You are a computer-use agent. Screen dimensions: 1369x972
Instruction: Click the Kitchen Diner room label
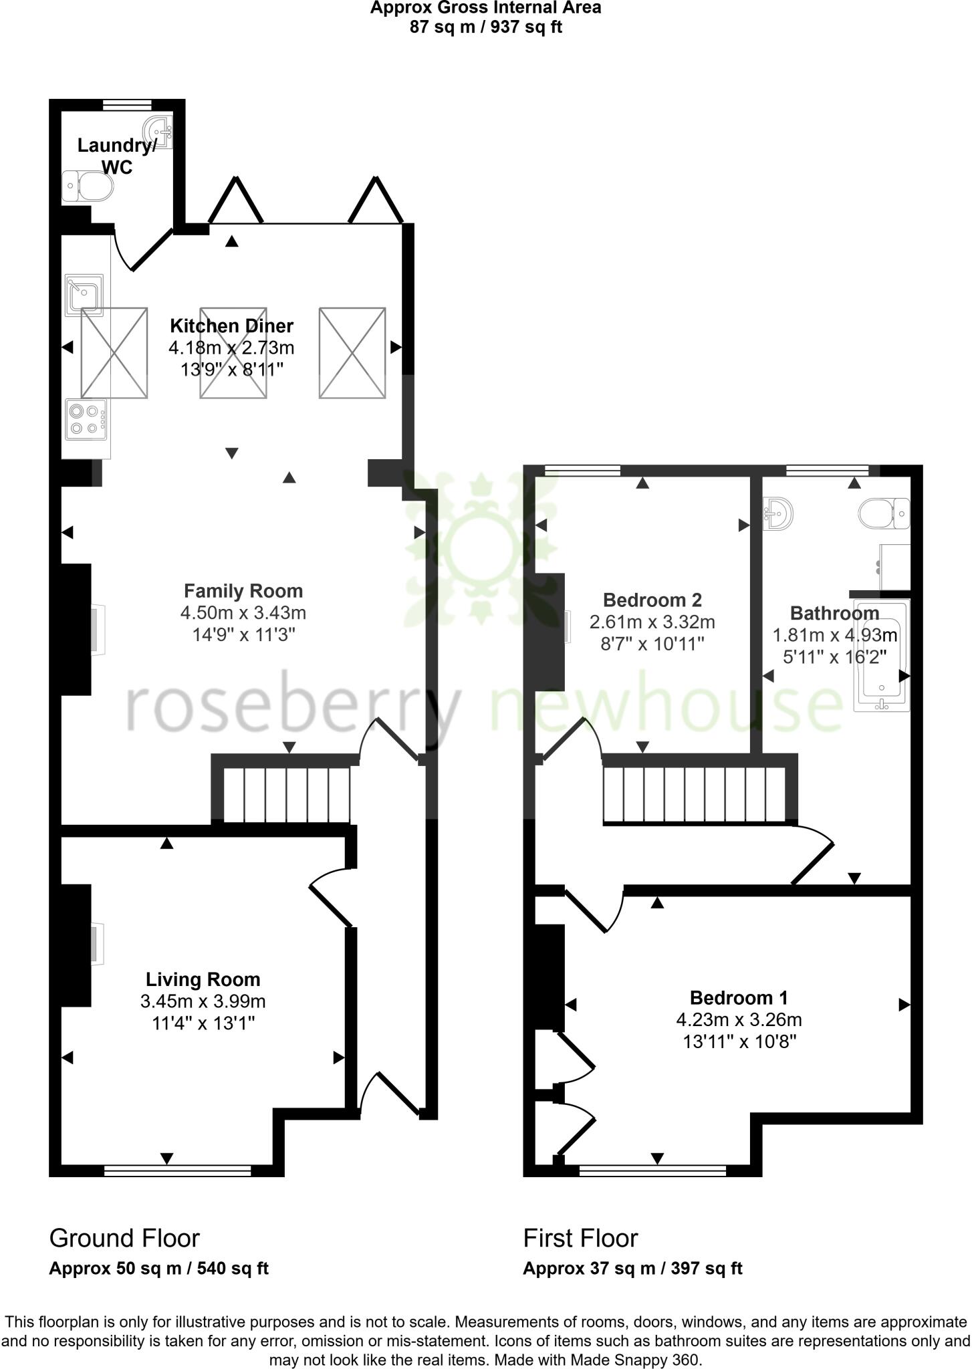(x=231, y=326)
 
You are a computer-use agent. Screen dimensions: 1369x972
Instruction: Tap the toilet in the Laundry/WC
(x=88, y=186)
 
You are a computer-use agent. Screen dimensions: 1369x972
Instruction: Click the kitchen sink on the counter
(x=84, y=294)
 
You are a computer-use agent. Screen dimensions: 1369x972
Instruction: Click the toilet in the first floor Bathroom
(x=884, y=513)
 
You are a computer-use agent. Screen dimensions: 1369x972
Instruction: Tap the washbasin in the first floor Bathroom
(x=778, y=513)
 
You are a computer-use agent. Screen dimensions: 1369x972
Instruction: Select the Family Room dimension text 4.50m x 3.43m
(x=243, y=612)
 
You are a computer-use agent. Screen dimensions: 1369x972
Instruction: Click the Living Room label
(x=203, y=980)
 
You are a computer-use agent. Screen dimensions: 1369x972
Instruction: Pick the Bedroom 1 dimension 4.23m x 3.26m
(x=739, y=1020)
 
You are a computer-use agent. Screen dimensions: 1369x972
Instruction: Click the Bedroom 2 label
(x=652, y=600)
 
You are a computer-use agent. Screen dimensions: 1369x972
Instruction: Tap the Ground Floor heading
(x=124, y=1239)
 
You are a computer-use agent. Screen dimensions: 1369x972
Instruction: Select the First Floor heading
(x=580, y=1239)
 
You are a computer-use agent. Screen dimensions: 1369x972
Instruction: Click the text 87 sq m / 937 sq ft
(x=485, y=28)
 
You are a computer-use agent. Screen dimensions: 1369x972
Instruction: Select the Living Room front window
(x=177, y=1170)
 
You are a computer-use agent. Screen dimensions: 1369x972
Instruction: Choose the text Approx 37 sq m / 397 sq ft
(x=632, y=1268)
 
